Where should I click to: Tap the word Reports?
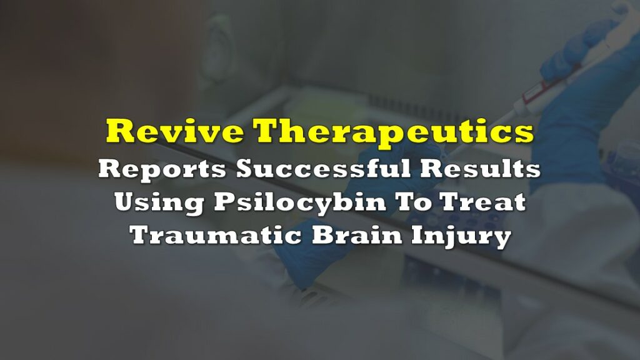[x=162, y=169]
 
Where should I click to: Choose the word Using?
[x=159, y=203]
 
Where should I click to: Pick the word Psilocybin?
[x=300, y=203]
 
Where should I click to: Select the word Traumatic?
[x=216, y=235]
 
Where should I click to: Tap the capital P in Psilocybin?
[x=225, y=202]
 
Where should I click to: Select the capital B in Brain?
[x=324, y=235]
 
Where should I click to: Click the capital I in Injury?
[x=418, y=235]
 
